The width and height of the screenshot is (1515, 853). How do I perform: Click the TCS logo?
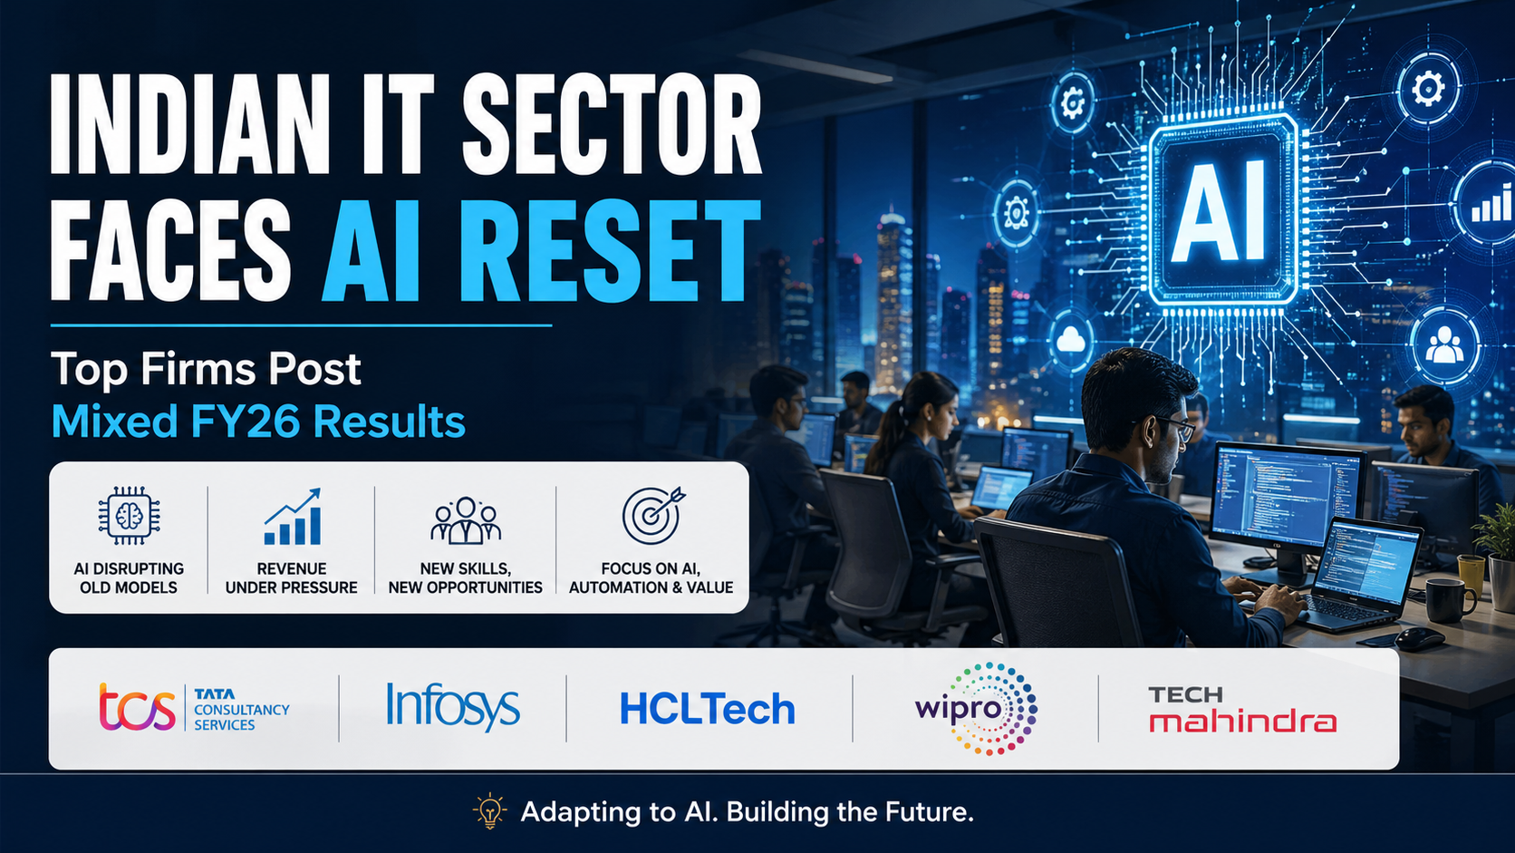(194, 708)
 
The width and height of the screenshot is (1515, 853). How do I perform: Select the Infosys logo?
(452, 706)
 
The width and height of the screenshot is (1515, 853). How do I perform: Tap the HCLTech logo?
(707, 709)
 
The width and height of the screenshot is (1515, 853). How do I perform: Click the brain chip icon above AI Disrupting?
(129, 515)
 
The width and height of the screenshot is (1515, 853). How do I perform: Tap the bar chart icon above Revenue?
(293, 518)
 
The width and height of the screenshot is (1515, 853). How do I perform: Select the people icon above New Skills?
(466, 520)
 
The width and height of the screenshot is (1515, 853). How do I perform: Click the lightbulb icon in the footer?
(490, 811)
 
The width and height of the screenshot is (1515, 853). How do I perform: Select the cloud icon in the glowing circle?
(1071, 341)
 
